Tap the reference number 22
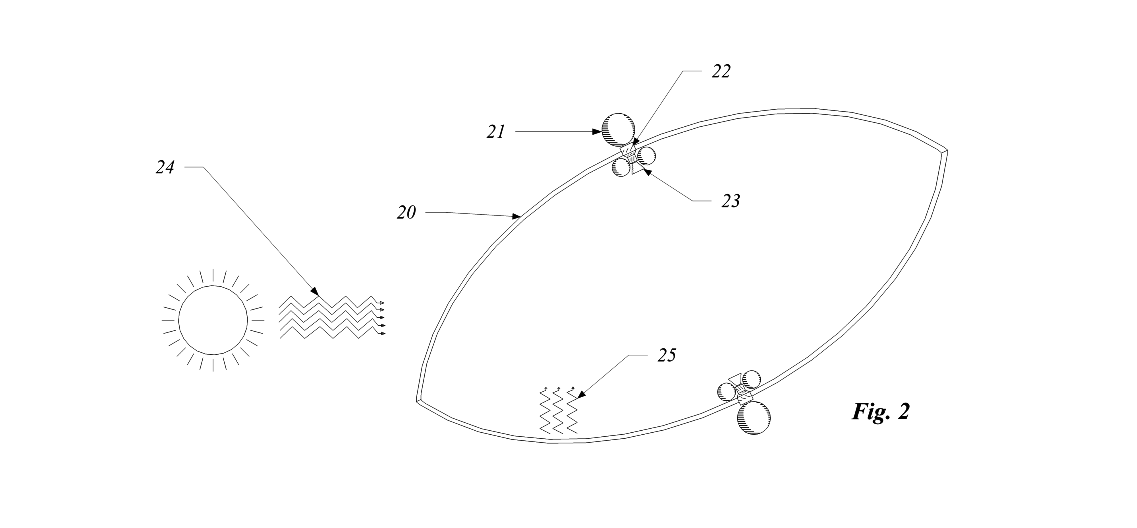pyautogui.click(x=721, y=71)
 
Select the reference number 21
pyautogui.click(x=496, y=132)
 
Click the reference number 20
pyautogui.click(x=406, y=213)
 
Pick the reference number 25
pyautogui.click(x=667, y=355)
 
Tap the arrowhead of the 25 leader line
pyautogui.click(x=580, y=395)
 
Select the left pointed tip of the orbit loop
pyautogui.click(x=417, y=401)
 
